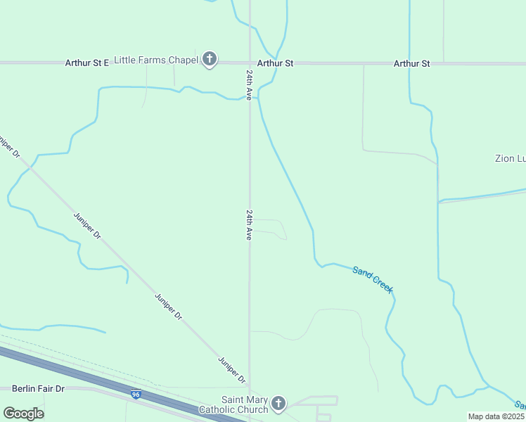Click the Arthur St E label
(x=87, y=63)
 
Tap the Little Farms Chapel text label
(x=155, y=60)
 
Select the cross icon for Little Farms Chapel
(x=210, y=60)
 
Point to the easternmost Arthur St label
(x=411, y=63)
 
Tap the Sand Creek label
(x=373, y=279)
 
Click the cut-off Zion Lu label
(x=510, y=159)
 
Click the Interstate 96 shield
(x=136, y=396)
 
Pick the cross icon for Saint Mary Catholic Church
(x=278, y=404)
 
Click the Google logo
(x=23, y=414)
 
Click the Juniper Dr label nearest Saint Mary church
(x=231, y=371)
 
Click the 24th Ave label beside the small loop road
(x=249, y=224)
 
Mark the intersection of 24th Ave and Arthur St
(x=250, y=63)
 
